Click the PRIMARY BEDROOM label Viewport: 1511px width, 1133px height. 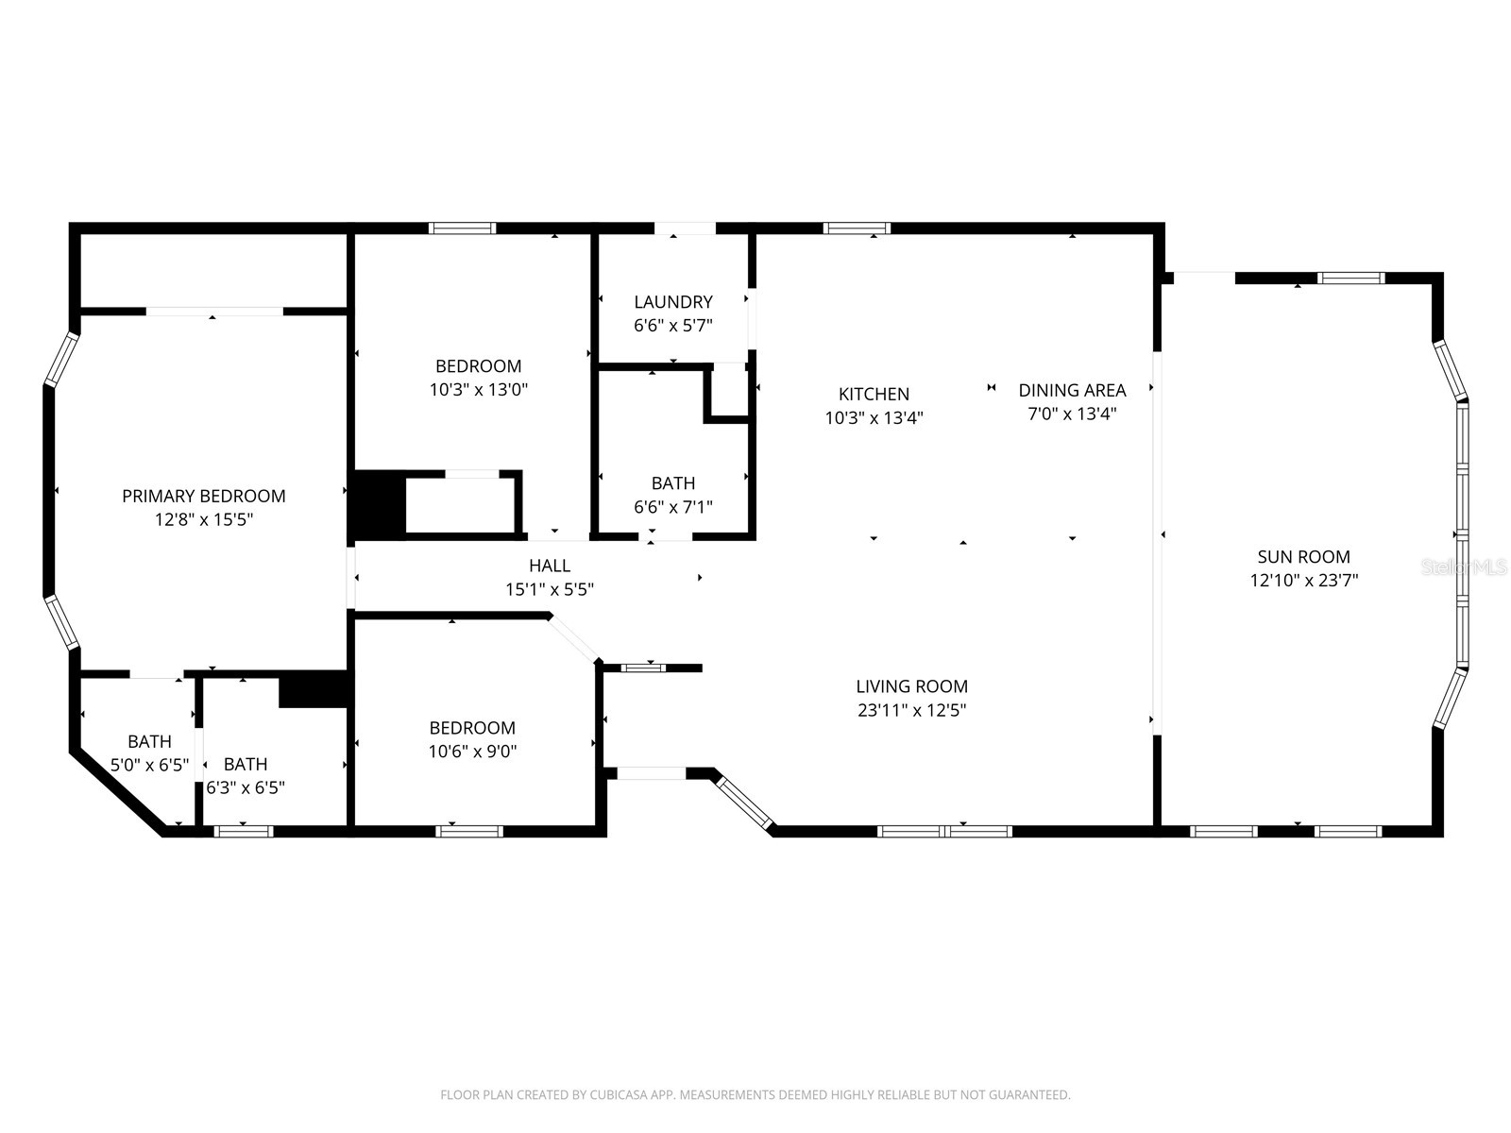203,496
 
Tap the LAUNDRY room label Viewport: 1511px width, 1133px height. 672,302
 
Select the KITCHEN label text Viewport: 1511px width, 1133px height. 874,394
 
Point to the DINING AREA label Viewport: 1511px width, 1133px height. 1072,390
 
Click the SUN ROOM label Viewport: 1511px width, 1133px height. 1304,556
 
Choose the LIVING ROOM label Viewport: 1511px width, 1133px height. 911,685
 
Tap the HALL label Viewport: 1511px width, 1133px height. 550,566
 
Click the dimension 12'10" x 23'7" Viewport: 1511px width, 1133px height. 1304,581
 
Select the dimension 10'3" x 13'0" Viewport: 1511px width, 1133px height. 479,390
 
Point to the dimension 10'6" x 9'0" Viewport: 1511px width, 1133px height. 472,752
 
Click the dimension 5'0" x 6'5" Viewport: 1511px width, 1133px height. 149,765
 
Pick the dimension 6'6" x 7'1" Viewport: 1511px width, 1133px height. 672,507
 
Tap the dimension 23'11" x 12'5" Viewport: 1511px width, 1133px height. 911,710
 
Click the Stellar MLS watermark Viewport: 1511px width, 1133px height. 1464,567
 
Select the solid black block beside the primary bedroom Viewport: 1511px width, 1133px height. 378,505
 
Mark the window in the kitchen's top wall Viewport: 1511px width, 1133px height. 857,228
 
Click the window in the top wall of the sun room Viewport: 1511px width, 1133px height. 1350,278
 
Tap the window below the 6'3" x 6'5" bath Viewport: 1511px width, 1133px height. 243,832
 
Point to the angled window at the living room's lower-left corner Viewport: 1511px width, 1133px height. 744,803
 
